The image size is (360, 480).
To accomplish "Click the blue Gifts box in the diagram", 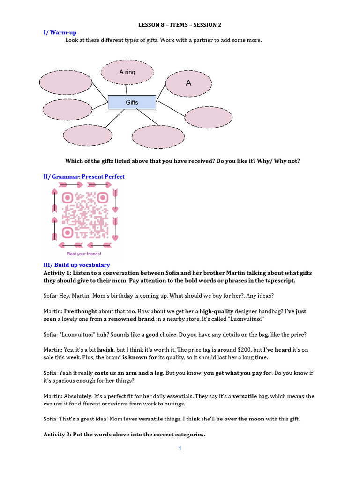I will pyautogui.click(x=132, y=102).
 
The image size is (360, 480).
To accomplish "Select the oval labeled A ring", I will pyautogui.click(x=127, y=72).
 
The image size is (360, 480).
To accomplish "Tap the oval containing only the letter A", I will pyautogui.click(x=188, y=83).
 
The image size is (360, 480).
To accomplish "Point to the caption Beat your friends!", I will pyautogui.click(x=84, y=254).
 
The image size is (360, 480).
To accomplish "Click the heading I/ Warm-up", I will pyautogui.click(x=60, y=32).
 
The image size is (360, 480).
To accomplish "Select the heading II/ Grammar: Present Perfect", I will pyautogui.click(x=84, y=177).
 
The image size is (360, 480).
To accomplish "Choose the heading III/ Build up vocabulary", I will pyautogui.click(x=76, y=265).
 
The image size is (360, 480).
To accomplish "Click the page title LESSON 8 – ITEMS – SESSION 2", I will pyautogui.click(x=180, y=25).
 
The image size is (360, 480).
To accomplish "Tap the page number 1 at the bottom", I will pyautogui.click(x=180, y=449).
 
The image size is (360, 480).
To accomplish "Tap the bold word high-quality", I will pyautogui.click(x=217, y=311).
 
